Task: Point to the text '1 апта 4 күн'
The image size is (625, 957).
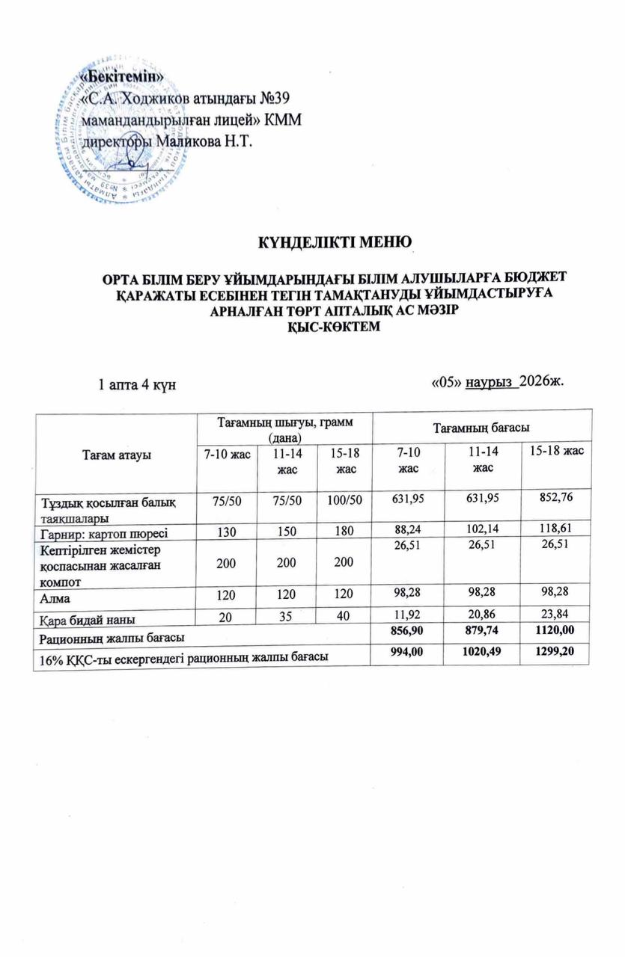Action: coord(136,384)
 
